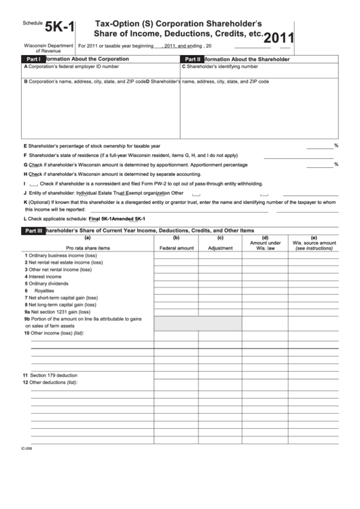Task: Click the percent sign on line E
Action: coord(336,145)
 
